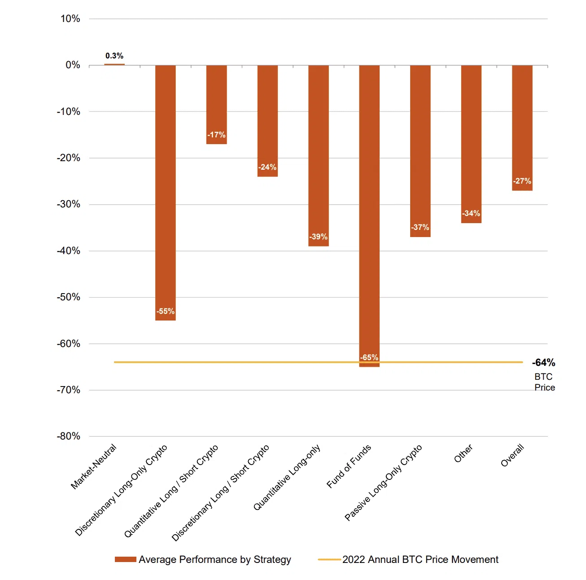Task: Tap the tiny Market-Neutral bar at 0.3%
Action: pos(114,65)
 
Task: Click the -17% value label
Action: pos(216,135)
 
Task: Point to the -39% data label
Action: pos(318,237)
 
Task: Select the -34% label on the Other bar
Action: pos(471,213)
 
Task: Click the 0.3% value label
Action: pos(114,56)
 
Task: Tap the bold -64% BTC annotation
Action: pos(543,362)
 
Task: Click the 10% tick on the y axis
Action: pos(70,19)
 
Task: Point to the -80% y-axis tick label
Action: pos(69,436)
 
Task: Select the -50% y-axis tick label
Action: pos(69,297)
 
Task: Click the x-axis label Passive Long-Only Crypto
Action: pos(384,482)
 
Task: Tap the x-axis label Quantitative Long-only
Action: pos(287,477)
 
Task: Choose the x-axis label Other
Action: pos(464,453)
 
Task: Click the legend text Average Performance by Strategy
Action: pos(215,559)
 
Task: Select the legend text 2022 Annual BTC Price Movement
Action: pos(420,559)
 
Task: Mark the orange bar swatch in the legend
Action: pos(126,559)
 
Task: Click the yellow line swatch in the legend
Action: pos(329,559)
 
